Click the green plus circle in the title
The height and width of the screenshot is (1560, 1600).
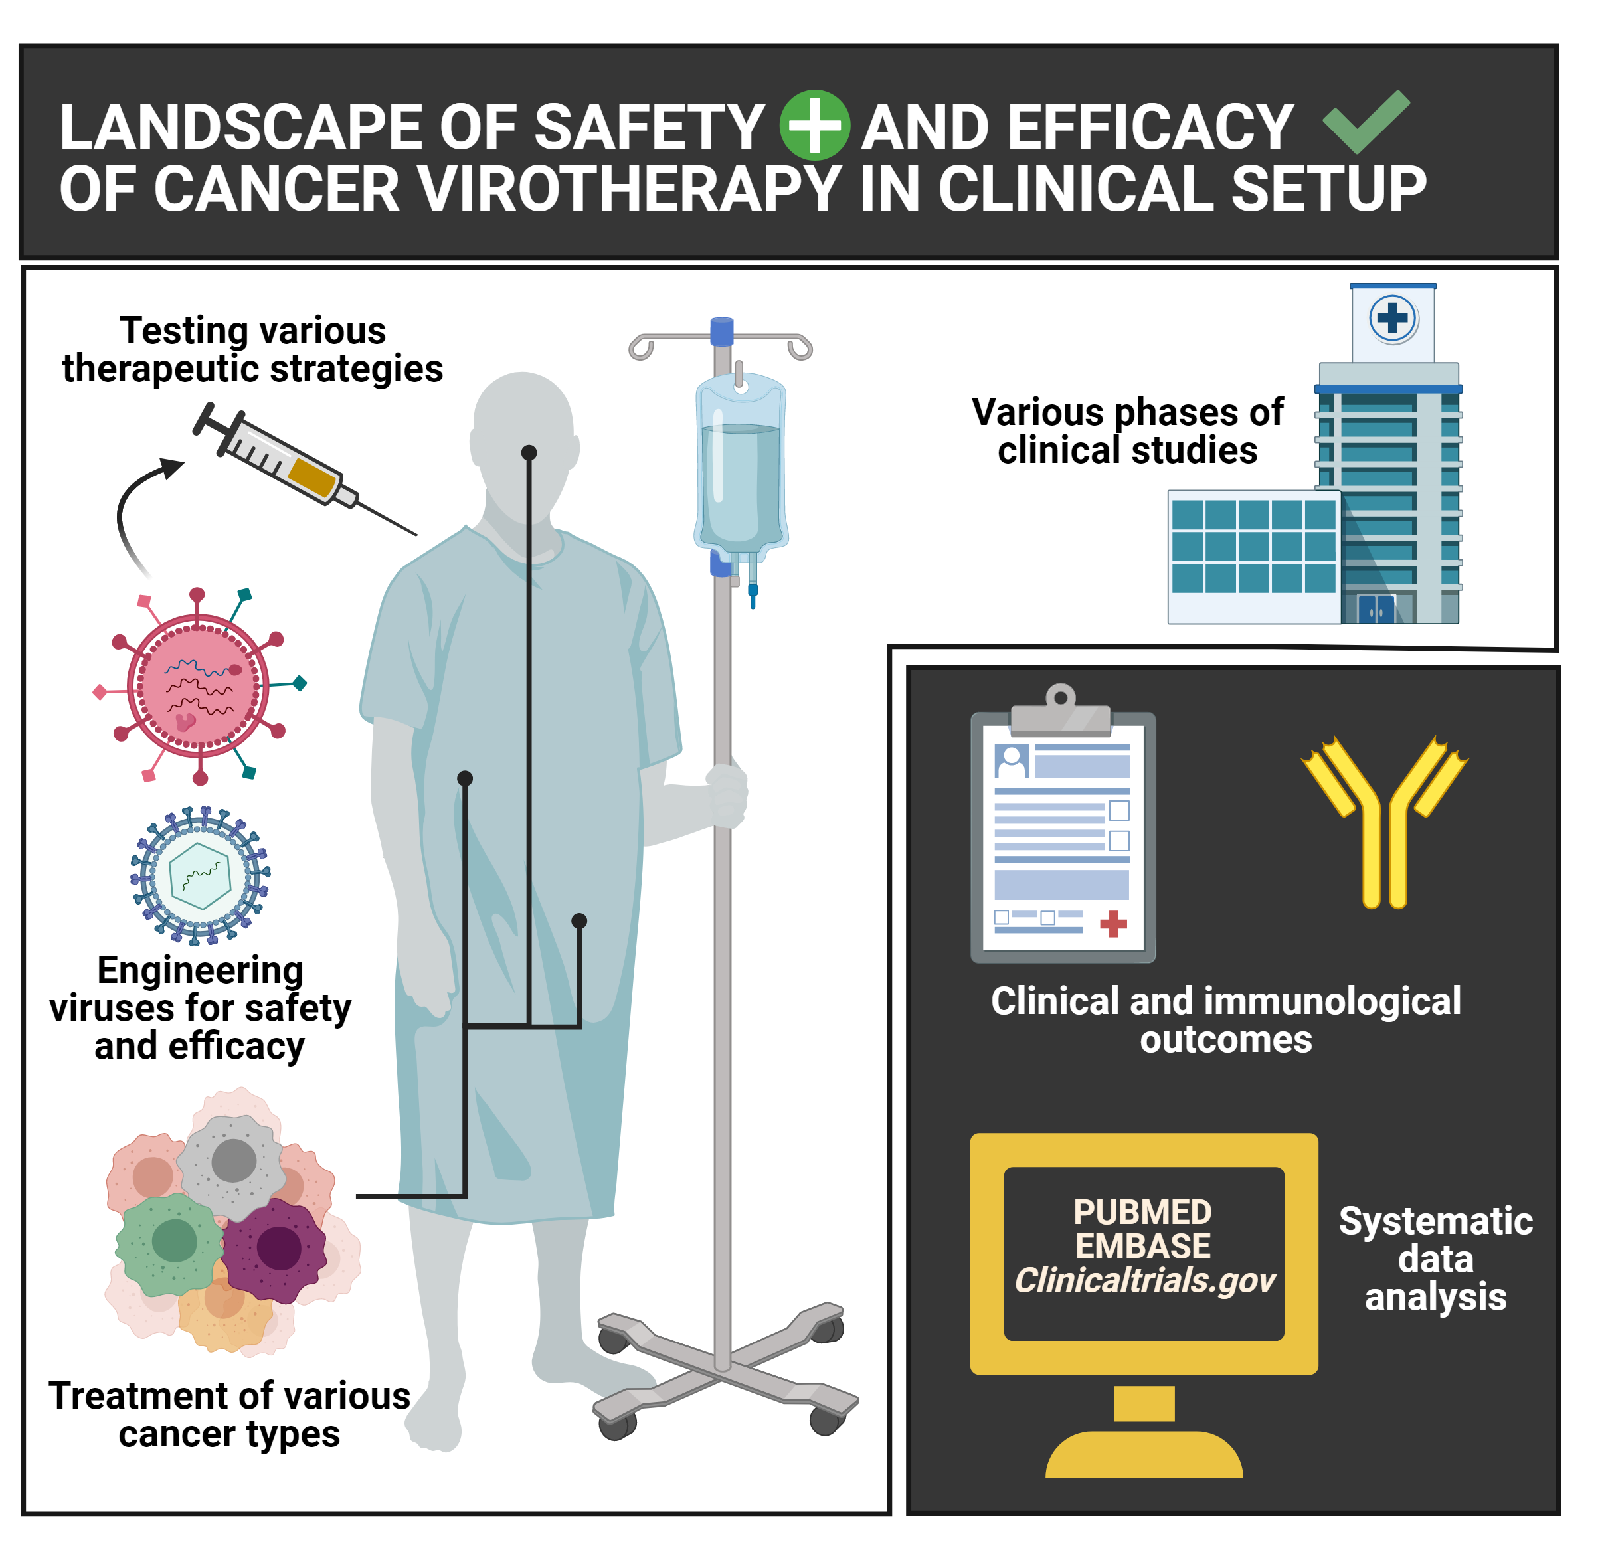tap(814, 126)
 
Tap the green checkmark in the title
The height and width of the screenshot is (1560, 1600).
tap(1365, 123)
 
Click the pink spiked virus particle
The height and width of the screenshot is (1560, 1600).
tap(197, 686)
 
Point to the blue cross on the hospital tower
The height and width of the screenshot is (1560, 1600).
tap(1392, 318)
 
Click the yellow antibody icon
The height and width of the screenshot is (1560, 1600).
tap(1385, 820)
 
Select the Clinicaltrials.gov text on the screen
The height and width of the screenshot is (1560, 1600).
tap(1144, 1280)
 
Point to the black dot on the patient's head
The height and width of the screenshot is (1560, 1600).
tap(529, 452)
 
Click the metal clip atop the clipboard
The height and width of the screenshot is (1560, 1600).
tap(1061, 712)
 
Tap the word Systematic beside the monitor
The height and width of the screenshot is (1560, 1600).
tap(1435, 1221)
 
